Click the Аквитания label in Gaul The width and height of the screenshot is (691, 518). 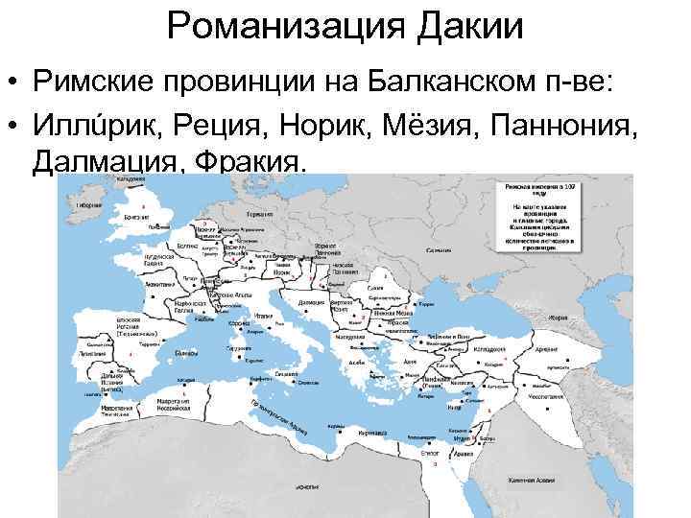(x=160, y=284)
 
